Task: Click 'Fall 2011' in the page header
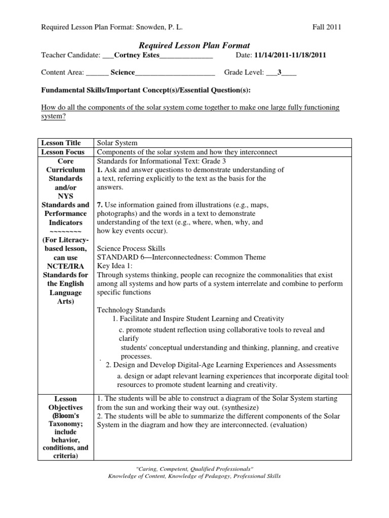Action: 327,27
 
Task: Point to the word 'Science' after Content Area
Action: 123,72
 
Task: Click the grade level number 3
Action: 279,72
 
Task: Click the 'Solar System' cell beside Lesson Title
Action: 117,143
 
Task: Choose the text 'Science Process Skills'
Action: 131,248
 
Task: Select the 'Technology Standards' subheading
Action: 131,310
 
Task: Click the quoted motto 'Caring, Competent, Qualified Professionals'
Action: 194,469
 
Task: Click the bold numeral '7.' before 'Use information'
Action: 100,205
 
